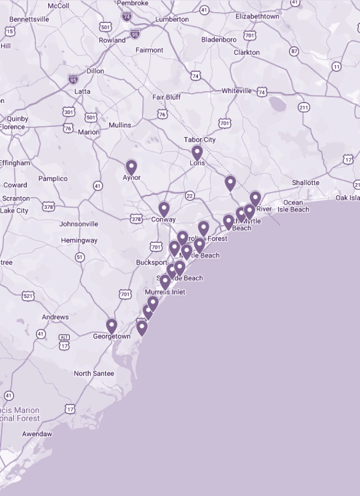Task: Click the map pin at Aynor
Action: pyautogui.click(x=131, y=167)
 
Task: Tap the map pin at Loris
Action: pyautogui.click(x=197, y=152)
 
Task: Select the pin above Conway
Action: pyautogui.click(x=164, y=209)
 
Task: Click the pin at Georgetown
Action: pyautogui.click(x=112, y=325)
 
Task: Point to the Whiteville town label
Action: pyautogui.click(x=236, y=91)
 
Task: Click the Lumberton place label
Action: pyautogui.click(x=172, y=19)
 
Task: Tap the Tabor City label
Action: pyautogui.click(x=200, y=139)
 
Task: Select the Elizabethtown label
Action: pyautogui.click(x=257, y=17)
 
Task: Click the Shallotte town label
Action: pyautogui.click(x=306, y=183)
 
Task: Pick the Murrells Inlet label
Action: pyautogui.click(x=165, y=292)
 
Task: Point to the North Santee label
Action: pyautogui.click(x=94, y=374)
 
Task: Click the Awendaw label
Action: pyautogui.click(x=37, y=434)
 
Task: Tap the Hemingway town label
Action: pyautogui.click(x=79, y=241)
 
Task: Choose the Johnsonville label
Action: pyautogui.click(x=79, y=224)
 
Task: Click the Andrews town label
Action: pyautogui.click(x=55, y=317)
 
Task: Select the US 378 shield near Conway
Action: pyautogui.click(x=136, y=219)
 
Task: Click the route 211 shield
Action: pyautogui.click(x=304, y=107)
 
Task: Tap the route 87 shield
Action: pyautogui.click(x=294, y=51)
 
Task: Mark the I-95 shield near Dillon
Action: pyautogui.click(x=73, y=79)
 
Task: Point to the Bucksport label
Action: pyautogui.click(x=152, y=262)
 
